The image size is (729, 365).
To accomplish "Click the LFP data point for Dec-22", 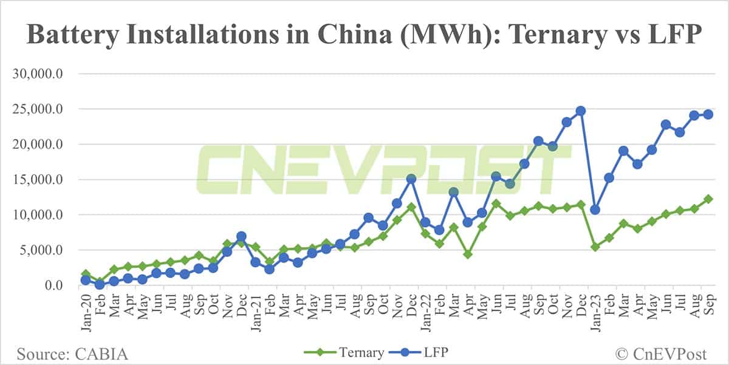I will click(581, 111).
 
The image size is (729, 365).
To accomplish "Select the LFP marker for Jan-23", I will click(595, 210).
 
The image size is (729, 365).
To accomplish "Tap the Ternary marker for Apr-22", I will click(468, 254).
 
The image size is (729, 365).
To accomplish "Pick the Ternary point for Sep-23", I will click(708, 199).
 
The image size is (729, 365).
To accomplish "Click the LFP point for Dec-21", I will click(411, 179).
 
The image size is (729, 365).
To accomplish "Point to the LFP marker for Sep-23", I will click(708, 115).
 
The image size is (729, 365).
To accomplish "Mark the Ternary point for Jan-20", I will click(86, 275).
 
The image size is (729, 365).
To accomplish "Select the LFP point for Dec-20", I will click(241, 236).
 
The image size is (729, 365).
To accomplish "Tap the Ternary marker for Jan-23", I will click(595, 247).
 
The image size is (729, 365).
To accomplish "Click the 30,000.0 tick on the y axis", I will click(38, 74).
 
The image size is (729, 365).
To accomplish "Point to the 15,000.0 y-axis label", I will click(38, 180).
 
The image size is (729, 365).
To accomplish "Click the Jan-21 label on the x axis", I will click(256, 310).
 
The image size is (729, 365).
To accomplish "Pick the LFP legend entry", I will click(426, 352).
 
